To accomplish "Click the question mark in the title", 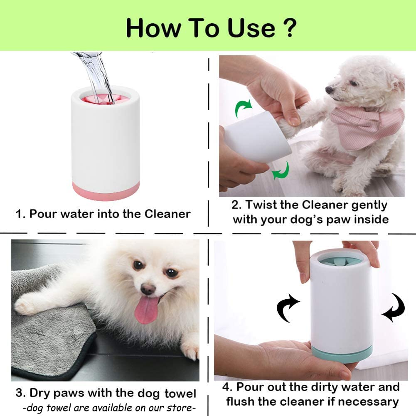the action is pos(290,28).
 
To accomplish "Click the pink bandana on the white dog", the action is pos(366,125).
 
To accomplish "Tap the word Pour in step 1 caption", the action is pos(44,214).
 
